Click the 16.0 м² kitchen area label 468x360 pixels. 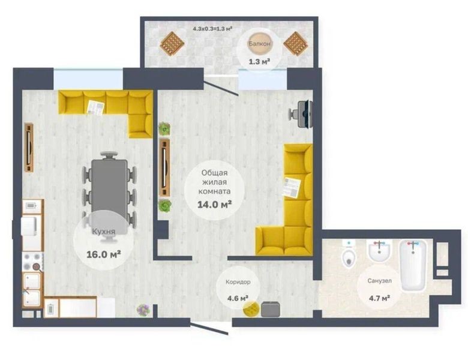point(103,254)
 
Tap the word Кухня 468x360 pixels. point(104,232)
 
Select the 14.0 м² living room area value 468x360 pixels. point(215,205)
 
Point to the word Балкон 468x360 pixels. point(259,44)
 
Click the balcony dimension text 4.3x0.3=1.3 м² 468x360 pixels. point(212,29)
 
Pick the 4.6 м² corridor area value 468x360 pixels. point(238,298)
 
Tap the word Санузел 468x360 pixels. point(379,281)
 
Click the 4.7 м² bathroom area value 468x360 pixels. point(380,298)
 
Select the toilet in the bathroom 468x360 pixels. point(349,254)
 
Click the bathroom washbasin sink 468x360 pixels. point(379,251)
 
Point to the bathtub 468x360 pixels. point(413,265)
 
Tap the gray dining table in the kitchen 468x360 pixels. point(109,187)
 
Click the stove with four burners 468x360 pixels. point(32,262)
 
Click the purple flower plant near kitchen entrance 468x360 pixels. point(143,310)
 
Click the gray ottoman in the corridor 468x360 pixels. point(271,309)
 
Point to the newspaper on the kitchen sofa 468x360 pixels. point(95,107)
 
